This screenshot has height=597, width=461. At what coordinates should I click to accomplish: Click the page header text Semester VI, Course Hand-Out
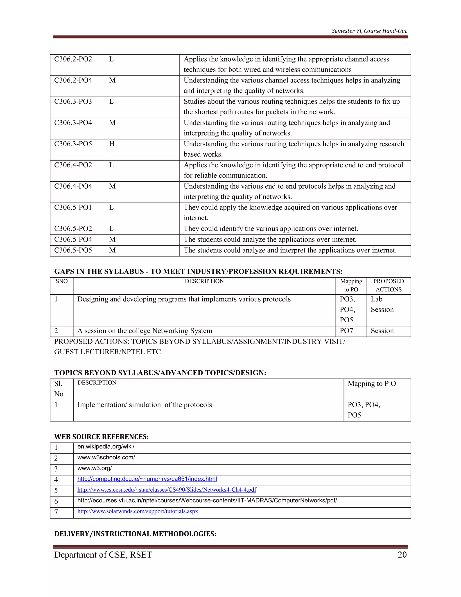click(x=369, y=31)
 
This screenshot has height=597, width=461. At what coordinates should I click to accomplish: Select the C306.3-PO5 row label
click(x=73, y=144)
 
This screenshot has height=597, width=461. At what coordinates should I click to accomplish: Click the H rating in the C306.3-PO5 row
click(x=112, y=144)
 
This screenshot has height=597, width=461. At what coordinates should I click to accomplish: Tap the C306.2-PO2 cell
click(x=73, y=59)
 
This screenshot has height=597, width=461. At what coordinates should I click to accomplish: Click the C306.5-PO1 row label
click(x=73, y=207)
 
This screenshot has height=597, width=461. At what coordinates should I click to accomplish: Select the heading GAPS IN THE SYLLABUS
click(x=198, y=271)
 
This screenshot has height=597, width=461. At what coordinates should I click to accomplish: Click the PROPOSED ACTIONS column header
click(x=388, y=285)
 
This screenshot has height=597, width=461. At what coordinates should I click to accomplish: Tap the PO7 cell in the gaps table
click(x=346, y=331)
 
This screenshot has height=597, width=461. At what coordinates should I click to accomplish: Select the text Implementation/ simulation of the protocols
click(x=145, y=405)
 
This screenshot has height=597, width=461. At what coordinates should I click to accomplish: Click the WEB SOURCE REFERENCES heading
click(x=101, y=437)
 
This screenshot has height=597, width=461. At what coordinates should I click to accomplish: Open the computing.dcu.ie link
click(x=147, y=479)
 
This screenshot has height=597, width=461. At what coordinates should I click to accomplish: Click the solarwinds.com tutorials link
click(x=138, y=511)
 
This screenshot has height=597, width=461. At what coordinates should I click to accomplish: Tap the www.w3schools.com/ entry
click(x=106, y=457)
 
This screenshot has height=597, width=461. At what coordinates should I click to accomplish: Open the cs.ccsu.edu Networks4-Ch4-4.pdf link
click(x=167, y=490)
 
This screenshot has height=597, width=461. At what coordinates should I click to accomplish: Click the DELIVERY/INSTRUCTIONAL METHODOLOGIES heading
click(x=135, y=534)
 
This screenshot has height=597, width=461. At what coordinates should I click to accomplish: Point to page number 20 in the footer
click(x=402, y=555)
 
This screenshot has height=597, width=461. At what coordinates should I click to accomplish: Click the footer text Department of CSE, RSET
click(x=103, y=555)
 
